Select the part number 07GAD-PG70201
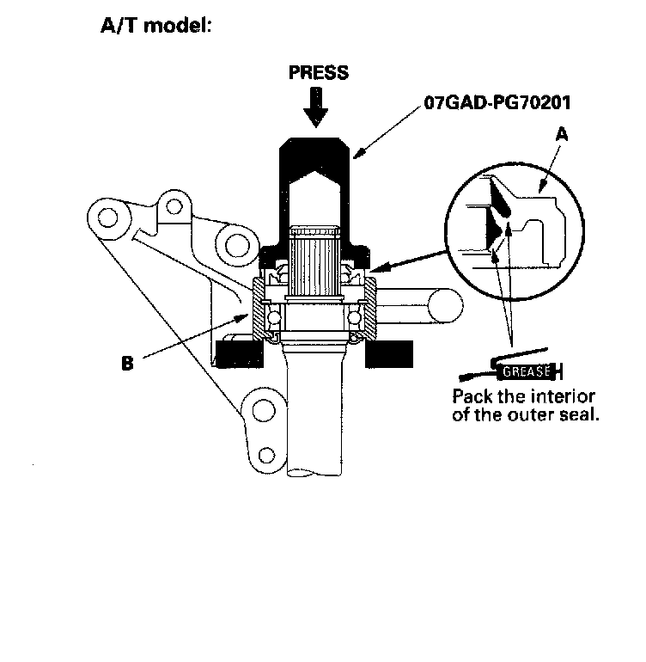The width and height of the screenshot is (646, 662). [497, 102]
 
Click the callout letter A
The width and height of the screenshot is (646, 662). [562, 133]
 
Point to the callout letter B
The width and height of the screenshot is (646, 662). [127, 363]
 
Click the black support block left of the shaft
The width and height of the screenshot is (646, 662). [240, 352]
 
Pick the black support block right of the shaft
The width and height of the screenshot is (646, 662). [387, 352]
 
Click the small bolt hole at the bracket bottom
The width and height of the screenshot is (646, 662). [267, 453]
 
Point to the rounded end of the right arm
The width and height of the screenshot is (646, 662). [441, 307]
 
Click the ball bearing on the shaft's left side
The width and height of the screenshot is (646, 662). [274, 318]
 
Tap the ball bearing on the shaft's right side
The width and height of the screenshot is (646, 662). [354, 318]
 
